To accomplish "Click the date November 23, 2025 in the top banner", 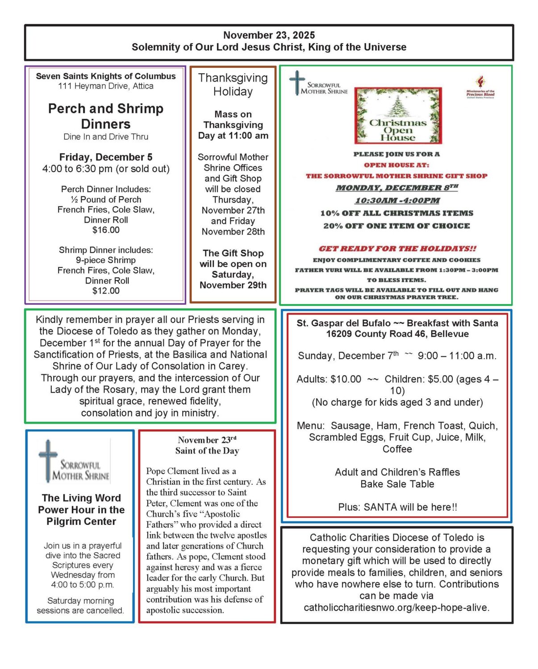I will (269, 35).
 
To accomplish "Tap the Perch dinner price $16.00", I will (106, 230).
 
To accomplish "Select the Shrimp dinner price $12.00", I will (106, 291).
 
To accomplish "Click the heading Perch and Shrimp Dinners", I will (106, 116).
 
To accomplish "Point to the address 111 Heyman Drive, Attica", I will (106, 86).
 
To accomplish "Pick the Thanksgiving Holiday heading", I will (233, 84).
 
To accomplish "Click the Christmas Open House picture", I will (398, 116).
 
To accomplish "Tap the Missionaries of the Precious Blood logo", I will (480, 87).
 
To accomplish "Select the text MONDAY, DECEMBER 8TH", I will (396, 188).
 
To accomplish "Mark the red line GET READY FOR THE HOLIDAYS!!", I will (397, 249).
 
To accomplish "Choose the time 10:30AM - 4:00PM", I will (397, 201).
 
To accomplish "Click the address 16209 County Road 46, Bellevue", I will (397, 334).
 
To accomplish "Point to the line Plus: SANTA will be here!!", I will (397, 507).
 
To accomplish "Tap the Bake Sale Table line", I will (397, 484).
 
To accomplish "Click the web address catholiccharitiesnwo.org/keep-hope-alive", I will (396, 607).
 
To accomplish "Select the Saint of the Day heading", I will (207, 451).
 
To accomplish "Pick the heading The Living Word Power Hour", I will (81, 510).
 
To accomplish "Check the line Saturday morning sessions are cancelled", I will (80, 606).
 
